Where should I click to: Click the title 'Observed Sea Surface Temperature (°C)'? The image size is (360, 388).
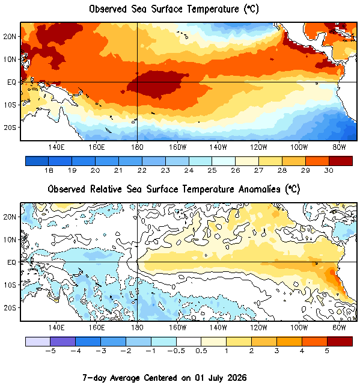tap(174, 10)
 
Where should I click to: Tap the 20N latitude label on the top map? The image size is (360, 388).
tap(10, 37)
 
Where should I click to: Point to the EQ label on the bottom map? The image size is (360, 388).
tap(11, 262)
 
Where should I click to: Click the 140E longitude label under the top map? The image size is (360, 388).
tap(56, 147)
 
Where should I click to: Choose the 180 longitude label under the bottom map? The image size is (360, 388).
tap(137, 328)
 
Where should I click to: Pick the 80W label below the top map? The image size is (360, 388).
tap(339, 147)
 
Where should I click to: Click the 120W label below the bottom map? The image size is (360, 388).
tap(258, 328)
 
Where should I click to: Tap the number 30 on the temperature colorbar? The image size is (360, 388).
tap(329, 170)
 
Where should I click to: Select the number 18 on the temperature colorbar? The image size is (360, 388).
tap(49, 170)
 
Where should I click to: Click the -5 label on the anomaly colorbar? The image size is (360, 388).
tap(50, 351)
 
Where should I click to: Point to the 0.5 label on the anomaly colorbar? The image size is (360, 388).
tap(201, 351)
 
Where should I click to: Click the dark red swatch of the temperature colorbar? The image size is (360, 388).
tap(340, 161)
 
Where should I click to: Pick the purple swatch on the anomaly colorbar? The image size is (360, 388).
tap(63, 342)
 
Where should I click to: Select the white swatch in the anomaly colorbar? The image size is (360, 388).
tap(189, 342)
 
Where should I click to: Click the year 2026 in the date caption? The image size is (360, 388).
tap(237, 378)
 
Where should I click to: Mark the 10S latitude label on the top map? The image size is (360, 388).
tap(10, 105)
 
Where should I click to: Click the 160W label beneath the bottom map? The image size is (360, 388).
tap(177, 328)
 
